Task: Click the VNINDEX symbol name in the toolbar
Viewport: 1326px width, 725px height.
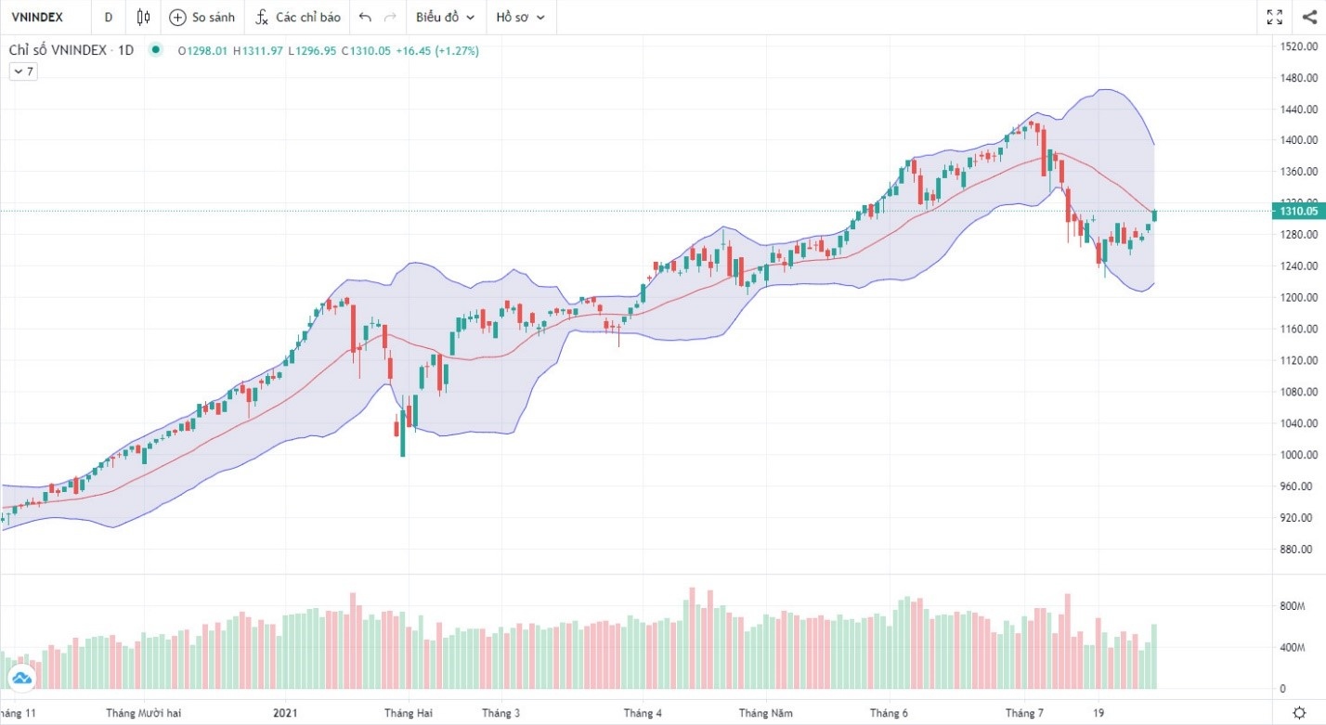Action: [36, 17]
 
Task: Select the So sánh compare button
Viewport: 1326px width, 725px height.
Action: [201, 17]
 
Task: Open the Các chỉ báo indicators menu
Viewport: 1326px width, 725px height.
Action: [298, 17]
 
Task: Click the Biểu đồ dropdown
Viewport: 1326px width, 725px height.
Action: [445, 17]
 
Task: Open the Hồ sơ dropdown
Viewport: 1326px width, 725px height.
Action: [520, 17]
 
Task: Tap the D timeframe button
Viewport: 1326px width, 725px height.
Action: [109, 17]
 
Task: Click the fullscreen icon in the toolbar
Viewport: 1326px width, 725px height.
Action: [1275, 17]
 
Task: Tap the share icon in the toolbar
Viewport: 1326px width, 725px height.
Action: [1309, 17]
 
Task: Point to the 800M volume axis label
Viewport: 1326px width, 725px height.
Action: [1293, 606]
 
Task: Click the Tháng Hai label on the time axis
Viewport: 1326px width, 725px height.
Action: [409, 713]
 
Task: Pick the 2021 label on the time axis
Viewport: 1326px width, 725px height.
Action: [285, 713]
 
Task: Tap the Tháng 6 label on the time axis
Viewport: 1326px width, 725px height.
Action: [889, 713]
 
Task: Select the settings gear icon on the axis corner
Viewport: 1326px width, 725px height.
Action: [1299, 713]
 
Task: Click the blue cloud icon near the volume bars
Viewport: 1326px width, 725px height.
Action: [22, 680]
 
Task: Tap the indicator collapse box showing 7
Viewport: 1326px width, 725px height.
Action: [23, 71]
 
